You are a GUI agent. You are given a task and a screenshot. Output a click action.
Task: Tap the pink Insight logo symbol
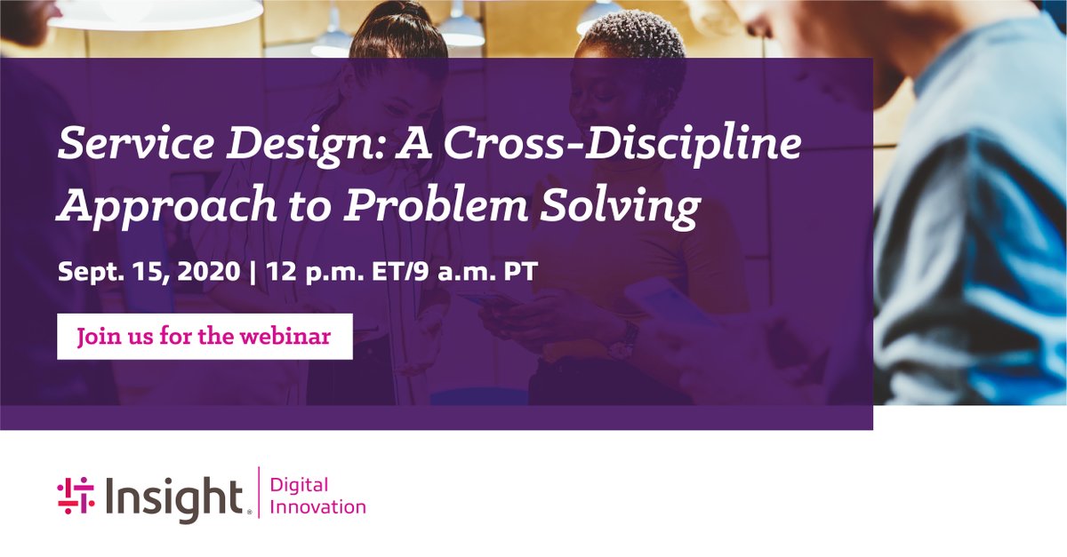click(76, 495)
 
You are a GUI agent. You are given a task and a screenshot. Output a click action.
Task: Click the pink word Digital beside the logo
click(298, 485)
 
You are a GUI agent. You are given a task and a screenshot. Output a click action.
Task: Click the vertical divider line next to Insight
click(258, 495)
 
